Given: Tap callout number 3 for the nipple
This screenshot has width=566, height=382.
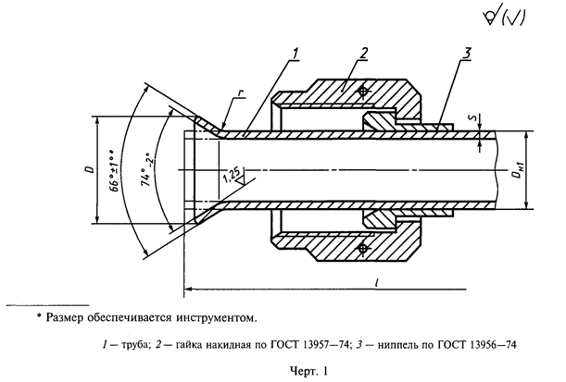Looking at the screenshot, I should point(463,54).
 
